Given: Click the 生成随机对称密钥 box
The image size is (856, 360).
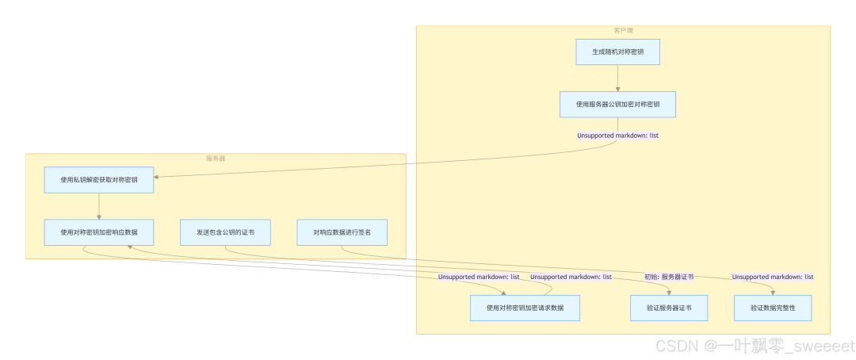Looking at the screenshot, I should coord(617,52).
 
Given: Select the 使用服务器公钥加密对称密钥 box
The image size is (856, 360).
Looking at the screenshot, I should coord(617,105).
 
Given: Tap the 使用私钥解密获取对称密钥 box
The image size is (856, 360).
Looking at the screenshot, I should coord(99,180).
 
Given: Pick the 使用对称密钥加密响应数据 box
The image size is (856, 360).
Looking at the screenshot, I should coord(99,232).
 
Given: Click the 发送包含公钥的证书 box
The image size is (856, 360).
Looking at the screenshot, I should coord(225,232).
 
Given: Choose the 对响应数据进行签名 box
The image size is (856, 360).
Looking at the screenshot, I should coord(342,232).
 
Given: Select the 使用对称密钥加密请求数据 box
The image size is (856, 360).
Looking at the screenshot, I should coord(525,308).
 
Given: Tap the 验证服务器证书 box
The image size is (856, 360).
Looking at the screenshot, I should coord(669,308).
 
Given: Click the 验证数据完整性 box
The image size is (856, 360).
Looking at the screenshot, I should coord(773,308).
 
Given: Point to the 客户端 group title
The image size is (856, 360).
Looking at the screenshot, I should coord(623,30).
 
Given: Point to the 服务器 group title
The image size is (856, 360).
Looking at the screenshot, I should coord(216,159).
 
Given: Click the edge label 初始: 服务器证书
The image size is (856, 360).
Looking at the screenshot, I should coord(669,277).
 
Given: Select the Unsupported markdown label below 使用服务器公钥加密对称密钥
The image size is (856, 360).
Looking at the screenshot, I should coord(617,136).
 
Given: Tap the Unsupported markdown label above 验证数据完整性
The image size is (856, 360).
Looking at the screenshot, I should coord(773,277).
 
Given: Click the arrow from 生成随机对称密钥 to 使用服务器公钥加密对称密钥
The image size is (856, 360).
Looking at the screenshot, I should coord(617,79).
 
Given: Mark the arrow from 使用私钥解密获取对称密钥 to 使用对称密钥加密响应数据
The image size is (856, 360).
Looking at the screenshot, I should coord(99,206).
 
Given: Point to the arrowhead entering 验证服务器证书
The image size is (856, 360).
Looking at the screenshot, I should coord(669,292).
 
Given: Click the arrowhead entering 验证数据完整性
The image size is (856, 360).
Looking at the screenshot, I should coord(773,292).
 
